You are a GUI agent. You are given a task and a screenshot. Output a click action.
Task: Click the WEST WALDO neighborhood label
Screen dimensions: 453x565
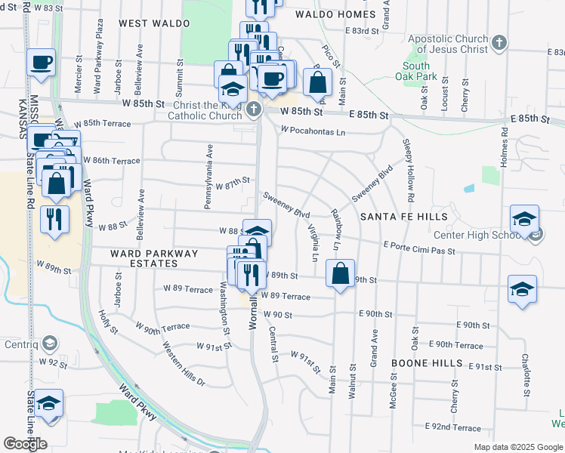coord(154,23)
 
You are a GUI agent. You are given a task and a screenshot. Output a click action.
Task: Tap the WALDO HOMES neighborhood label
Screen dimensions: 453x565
coord(335,14)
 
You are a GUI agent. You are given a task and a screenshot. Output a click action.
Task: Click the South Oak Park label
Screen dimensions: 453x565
coord(415,71)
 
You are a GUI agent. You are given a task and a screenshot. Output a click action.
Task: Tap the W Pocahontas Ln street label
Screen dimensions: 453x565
coord(313,131)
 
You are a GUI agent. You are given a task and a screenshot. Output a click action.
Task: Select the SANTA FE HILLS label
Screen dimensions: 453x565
coord(403,217)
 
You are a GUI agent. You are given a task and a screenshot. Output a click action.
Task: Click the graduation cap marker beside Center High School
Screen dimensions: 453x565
coord(524,219)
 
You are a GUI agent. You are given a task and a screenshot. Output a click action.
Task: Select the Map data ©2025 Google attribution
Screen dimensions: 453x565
coord(517,447)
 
